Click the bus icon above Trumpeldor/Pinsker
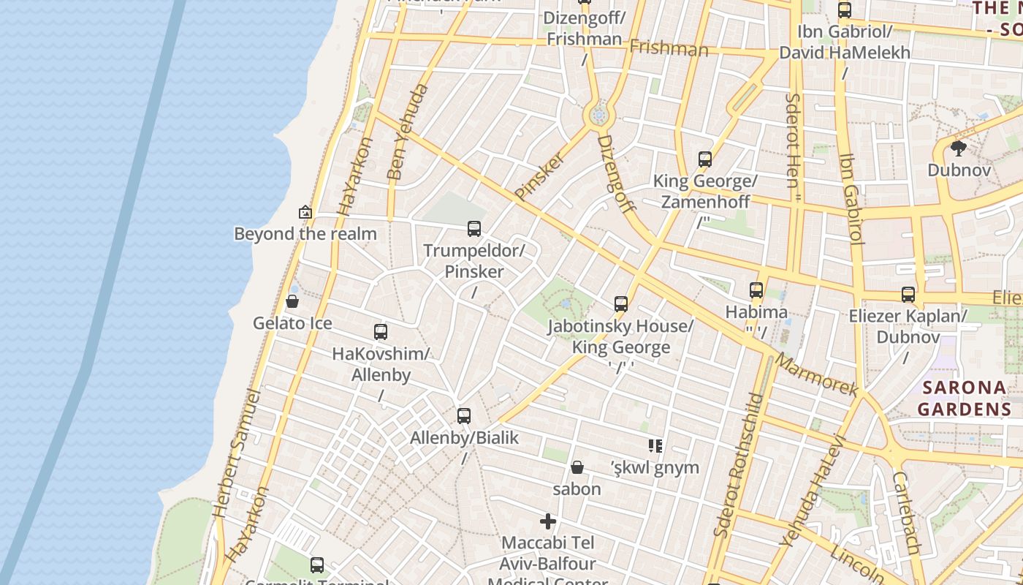click(x=474, y=229)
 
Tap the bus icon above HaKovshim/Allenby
click(x=381, y=332)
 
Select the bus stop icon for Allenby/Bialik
click(x=464, y=416)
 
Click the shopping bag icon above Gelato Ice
click(x=292, y=301)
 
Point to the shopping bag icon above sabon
click(x=577, y=467)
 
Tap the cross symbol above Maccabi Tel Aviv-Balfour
click(x=548, y=521)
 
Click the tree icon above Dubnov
click(x=959, y=149)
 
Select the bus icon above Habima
click(x=756, y=290)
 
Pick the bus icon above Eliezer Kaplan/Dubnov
click(x=908, y=295)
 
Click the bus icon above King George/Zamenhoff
click(x=705, y=159)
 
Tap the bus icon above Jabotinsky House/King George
click(x=621, y=304)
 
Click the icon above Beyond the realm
click(x=305, y=213)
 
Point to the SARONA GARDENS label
click(x=964, y=398)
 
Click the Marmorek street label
click(x=816, y=374)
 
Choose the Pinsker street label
click(x=540, y=175)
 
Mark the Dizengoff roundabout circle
click(x=599, y=115)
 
